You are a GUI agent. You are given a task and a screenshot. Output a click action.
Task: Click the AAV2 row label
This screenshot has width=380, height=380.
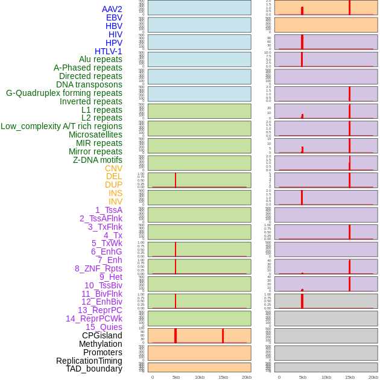[112, 9]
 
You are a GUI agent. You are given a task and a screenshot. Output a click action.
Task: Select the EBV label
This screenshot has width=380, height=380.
[114, 17]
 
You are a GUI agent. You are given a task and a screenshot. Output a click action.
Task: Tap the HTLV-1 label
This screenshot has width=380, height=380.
[108, 51]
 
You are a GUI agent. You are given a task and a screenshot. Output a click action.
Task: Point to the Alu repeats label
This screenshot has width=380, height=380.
[100, 59]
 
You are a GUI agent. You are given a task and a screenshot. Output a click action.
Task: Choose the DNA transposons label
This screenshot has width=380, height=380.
[89, 84]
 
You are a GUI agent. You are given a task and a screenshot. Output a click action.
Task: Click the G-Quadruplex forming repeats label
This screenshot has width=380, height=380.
[64, 93]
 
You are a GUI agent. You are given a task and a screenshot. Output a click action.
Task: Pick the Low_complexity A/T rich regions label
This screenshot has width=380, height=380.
[62, 126]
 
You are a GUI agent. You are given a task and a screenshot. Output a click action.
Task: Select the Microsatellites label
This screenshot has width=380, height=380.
[95, 135]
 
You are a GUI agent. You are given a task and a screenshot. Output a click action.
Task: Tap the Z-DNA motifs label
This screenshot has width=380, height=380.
[98, 160]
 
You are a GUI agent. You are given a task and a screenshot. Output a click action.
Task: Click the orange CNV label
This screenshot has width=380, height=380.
[113, 168]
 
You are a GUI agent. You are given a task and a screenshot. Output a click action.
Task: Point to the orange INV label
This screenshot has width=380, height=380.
[115, 201]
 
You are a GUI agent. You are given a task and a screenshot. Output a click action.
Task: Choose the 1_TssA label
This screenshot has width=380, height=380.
[109, 210]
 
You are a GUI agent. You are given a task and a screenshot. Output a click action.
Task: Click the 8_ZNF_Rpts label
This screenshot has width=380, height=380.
[98, 268]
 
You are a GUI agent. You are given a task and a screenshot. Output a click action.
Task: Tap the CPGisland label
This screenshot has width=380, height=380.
[102, 335]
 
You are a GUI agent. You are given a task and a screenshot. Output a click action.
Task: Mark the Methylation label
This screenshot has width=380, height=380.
[100, 344]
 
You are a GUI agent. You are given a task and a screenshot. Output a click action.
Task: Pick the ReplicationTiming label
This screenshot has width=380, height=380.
[89, 361]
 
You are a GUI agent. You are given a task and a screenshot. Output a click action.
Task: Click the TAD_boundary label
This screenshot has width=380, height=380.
[93, 369]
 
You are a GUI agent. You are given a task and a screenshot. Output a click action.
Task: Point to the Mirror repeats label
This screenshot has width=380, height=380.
[95, 151]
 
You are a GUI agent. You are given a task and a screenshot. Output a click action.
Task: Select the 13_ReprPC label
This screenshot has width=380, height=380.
[100, 310]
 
